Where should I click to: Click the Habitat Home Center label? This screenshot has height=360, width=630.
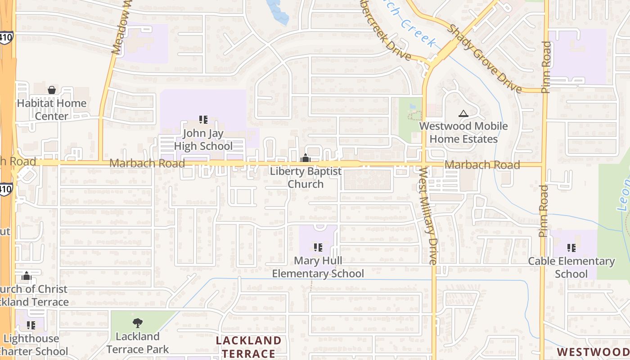(51, 109)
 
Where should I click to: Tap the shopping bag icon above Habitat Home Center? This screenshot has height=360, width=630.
(52, 90)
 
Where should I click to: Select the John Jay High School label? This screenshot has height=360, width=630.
(203, 140)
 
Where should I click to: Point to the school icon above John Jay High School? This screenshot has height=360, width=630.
(203, 120)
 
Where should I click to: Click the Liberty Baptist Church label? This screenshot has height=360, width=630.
(306, 178)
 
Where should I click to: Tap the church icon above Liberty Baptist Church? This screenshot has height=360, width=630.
(306, 158)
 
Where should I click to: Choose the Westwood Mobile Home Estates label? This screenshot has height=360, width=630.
(463, 132)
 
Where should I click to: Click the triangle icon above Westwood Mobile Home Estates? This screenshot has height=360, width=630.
(463, 113)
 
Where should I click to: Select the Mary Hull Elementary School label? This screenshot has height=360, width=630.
(318, 267)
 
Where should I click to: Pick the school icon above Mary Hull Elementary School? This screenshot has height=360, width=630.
(318, 247)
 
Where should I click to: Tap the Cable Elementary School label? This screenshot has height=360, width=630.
(571, 267)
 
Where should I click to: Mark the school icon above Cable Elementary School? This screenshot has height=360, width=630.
(571, 247)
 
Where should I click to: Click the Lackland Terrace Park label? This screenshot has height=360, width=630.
(138, 342)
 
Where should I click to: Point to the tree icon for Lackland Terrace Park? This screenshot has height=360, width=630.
(138, 323)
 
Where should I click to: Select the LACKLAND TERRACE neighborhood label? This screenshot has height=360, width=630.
(248, 346)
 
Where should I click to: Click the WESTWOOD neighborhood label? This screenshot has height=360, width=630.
(593, 351)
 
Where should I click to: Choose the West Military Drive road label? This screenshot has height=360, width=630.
(427, 215)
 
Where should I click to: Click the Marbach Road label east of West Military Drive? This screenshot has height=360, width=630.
(482, 165)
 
